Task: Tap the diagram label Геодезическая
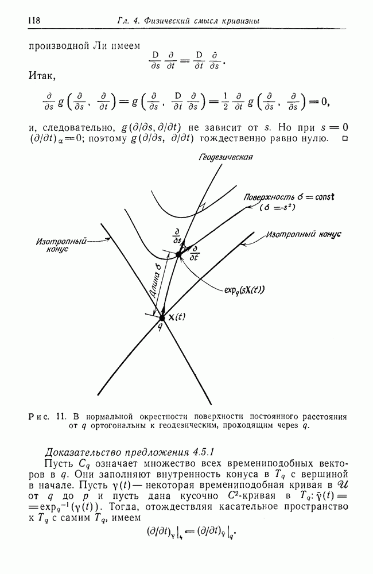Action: (x=226, y=157)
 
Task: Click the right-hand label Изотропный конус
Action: (x=304, y=235)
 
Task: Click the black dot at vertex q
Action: (x=162, y=317)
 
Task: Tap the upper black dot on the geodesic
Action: (x=178, y=254)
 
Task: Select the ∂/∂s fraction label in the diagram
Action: (x=177, y=236)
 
